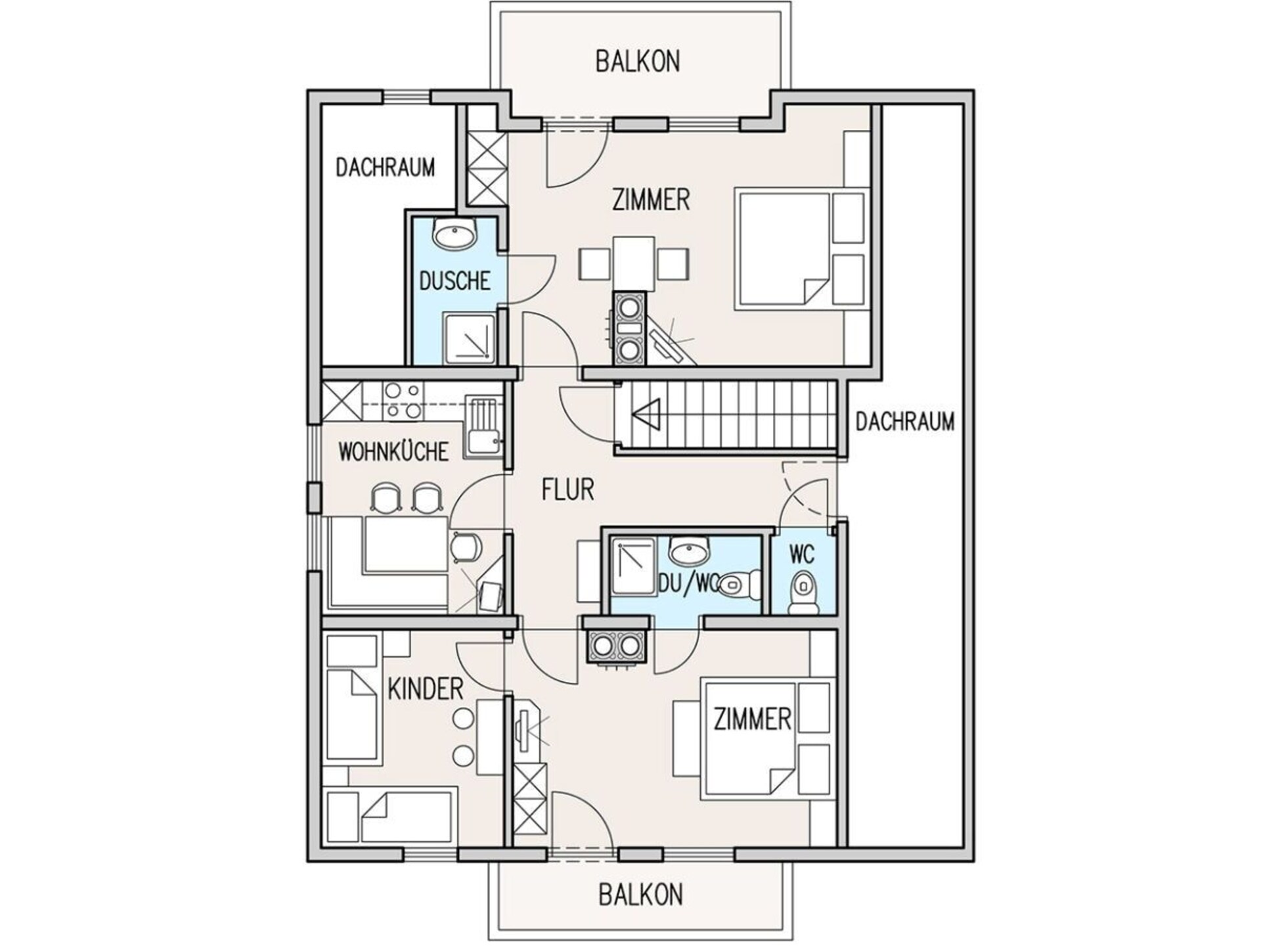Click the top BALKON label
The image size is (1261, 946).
pos(637,61)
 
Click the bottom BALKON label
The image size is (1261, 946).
pos(640,895)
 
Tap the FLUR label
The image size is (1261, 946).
pos(567,489)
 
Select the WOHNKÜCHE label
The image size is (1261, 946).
pos(393,452)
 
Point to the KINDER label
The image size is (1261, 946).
pos(426,689)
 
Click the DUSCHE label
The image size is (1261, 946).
pos(454,281)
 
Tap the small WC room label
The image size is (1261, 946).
pos(802,554)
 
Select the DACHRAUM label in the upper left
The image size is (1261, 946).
pos(385,167)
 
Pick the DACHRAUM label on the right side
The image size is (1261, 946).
pos(904,421)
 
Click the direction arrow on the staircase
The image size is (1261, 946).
pos(646,415)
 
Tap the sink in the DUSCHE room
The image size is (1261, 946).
pos(454,235)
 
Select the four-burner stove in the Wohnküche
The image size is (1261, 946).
pos(403,401)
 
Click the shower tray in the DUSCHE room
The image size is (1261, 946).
pos(469,338)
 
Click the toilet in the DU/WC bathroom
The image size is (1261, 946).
pos(738,583)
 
